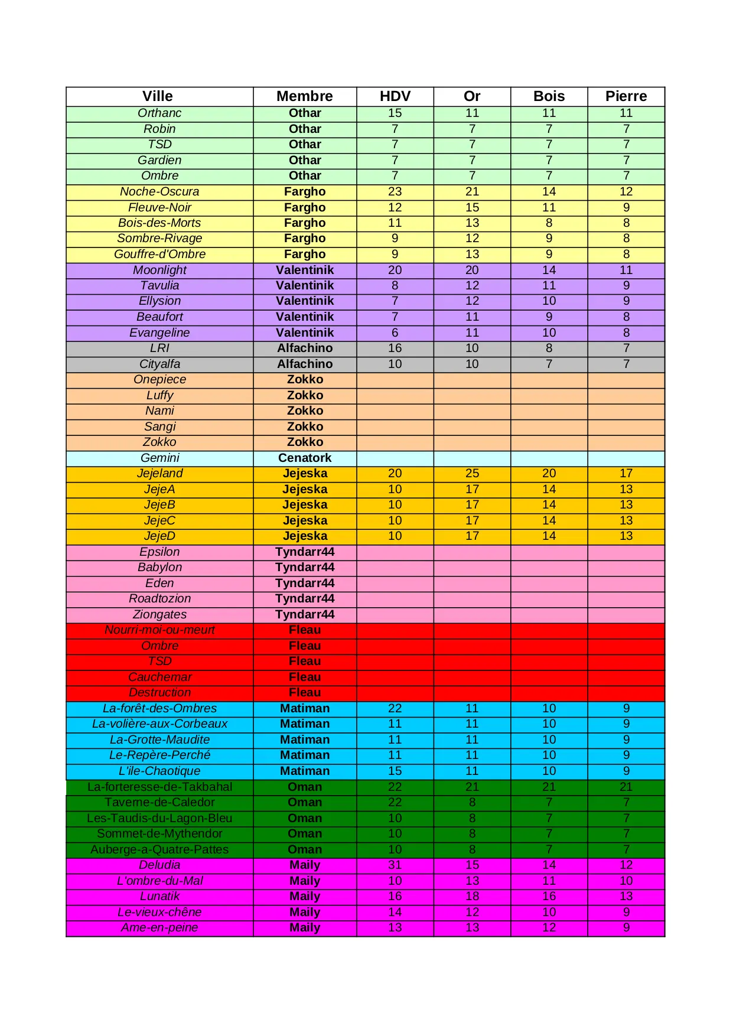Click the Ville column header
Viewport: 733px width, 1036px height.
(158, 96)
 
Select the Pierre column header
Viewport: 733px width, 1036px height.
(626, 96)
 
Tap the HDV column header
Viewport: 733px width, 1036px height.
(395, 96)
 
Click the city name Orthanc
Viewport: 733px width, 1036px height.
(159, 113)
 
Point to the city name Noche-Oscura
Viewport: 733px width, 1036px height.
(159, 191)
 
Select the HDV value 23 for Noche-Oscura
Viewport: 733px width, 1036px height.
(395, 191)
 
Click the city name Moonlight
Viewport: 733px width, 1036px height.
(159, 270)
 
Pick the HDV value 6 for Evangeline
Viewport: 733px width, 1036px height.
(395, 333)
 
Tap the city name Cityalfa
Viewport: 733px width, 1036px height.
(159, 364)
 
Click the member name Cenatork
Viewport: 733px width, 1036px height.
(305, 458)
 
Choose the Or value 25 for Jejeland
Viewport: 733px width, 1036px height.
(472, 473)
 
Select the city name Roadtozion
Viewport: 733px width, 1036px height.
(159, 598)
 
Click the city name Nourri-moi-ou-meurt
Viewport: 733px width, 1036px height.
(159, 630)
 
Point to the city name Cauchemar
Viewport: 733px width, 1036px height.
(159, 677)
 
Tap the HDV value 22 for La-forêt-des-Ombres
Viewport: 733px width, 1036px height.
(395, 708)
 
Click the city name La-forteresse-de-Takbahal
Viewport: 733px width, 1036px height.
(159, 787)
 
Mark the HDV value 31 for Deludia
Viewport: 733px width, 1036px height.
(395, 865)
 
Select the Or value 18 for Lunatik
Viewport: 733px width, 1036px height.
(472, 896)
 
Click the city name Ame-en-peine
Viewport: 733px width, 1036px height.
(159, 927)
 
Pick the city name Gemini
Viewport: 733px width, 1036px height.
(159, 458)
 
